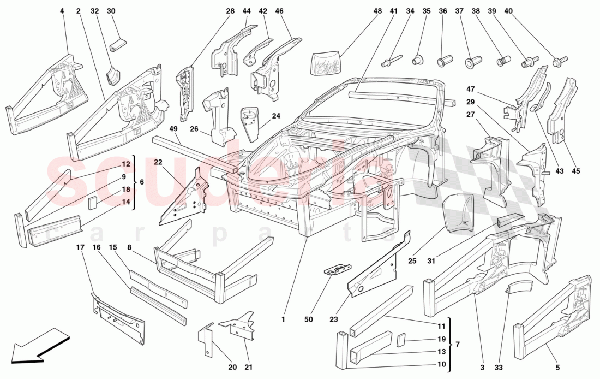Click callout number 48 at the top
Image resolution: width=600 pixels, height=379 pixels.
coord(378,11)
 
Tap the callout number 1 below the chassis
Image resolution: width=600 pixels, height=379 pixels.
coord(283,319)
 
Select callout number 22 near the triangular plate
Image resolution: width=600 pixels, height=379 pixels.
coord(158,162)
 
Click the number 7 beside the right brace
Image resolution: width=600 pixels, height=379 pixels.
coord(458,345)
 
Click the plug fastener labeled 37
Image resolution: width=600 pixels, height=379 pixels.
coord(470,62)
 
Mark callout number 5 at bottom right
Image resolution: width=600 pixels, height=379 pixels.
coord(557,367)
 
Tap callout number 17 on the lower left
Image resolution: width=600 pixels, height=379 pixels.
coord(80,247)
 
